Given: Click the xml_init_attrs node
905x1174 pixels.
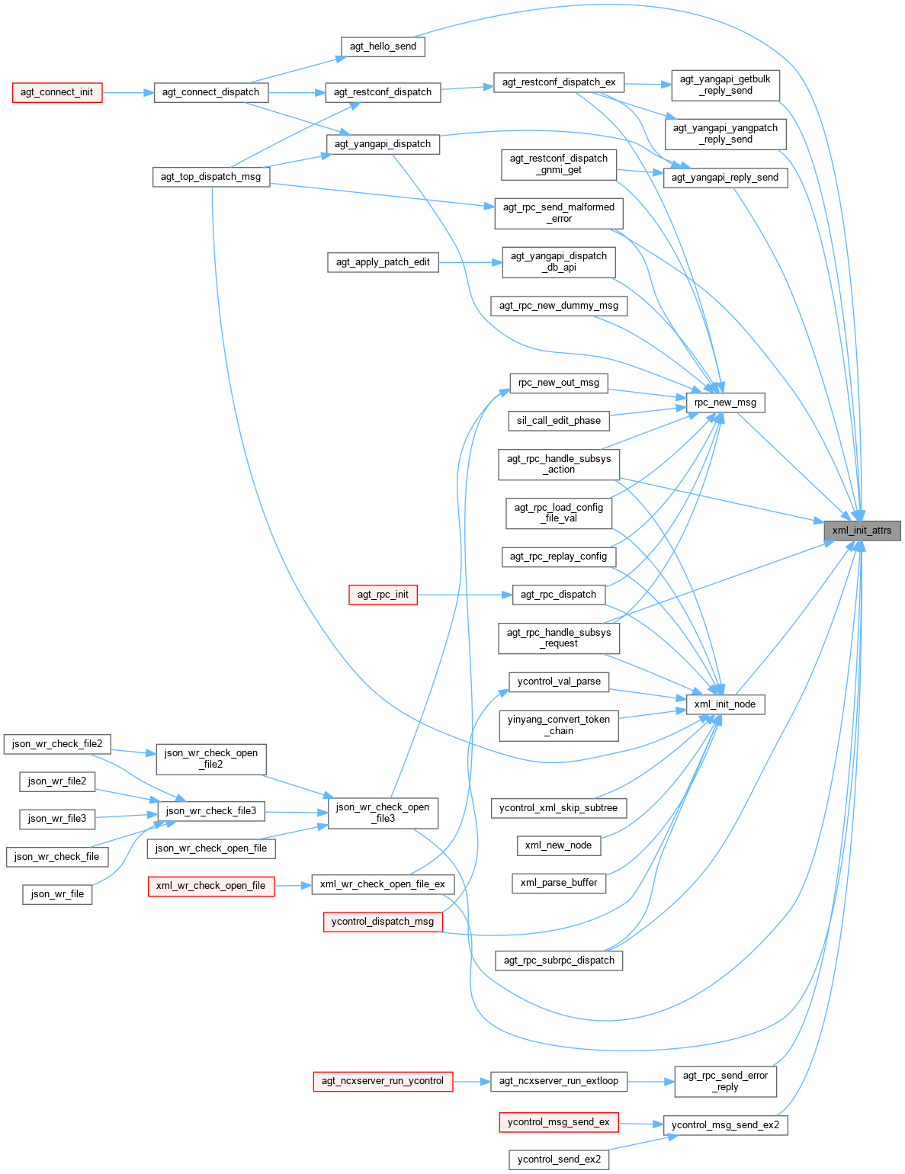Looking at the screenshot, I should pos(862,531).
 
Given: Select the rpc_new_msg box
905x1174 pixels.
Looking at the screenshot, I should pos(725,403).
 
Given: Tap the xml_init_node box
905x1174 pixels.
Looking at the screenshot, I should pos(725,704).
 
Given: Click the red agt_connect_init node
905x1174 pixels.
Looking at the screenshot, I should pos(57,92).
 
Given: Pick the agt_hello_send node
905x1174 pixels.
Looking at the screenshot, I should pos(383,47).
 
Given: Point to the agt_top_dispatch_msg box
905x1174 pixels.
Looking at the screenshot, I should pos(210,177).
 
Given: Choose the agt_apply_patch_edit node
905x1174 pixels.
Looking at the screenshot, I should pos(383,262).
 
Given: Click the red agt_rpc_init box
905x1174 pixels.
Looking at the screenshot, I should pos(383,595).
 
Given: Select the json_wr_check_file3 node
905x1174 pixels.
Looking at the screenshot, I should pos(211,811).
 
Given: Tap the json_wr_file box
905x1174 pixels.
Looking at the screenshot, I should pos(57,894).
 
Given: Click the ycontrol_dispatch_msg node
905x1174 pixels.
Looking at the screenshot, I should pos(383,922).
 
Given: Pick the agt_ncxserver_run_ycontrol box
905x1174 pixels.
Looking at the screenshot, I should pos(383,1081).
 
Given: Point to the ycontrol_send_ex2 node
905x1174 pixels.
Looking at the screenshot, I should pos(559,1160).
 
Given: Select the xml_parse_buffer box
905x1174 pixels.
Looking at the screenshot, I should pos(559,883).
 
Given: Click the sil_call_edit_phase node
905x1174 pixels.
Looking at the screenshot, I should pos(559,421).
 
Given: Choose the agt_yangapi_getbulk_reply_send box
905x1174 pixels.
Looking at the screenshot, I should pos(725,85).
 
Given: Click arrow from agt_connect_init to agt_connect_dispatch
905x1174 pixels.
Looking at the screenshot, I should pos(128,92).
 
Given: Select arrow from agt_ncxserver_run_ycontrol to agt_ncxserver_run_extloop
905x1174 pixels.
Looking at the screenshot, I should pos(472,1081).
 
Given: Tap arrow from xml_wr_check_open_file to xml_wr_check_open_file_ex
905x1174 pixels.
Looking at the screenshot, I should pos(294,885).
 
